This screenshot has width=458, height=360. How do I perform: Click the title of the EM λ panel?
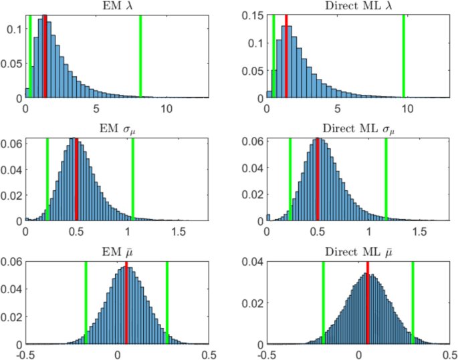117,7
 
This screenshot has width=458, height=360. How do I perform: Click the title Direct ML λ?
358,7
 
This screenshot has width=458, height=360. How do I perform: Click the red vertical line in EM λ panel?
45,57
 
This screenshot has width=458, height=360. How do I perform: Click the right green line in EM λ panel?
140,57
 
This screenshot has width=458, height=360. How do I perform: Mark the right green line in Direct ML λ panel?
404,57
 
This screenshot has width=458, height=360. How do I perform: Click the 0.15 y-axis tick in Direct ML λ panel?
255,15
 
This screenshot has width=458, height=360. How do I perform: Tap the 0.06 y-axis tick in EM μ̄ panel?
12,262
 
